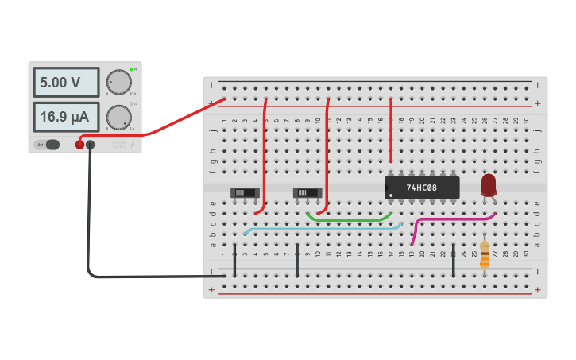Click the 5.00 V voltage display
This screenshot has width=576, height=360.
(x=66, y=82)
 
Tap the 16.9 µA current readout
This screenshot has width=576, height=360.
(x=66, y=117)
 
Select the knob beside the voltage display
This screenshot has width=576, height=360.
(x=118, y=82)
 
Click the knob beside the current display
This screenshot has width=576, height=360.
(x=118, y=117)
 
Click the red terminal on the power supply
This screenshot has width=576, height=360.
(x=79, y=145)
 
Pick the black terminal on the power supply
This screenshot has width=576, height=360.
(x=90, y=145)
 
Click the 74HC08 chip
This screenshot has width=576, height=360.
(x=422, y=188)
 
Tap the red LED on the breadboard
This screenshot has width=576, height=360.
(x=489, y=185)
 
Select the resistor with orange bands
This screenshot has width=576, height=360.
(x=485, y=256)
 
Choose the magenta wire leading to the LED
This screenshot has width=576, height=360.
(x=453, y=219)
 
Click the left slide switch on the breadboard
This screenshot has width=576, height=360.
(x=245, y=192)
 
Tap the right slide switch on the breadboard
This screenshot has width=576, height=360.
(x=307, y=192)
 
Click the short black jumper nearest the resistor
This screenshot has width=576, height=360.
(x=453, y=261)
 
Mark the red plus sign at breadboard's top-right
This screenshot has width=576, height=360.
(x=538, y=103)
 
